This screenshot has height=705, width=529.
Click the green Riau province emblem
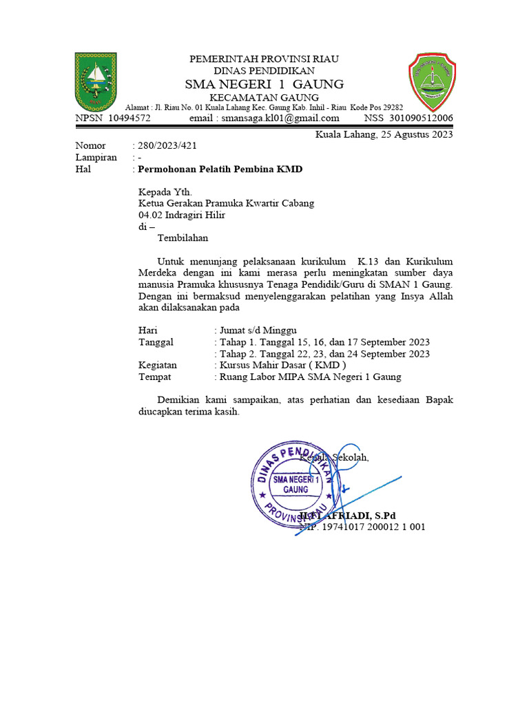tap(95, 83)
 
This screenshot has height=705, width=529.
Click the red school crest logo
tap(431, 83)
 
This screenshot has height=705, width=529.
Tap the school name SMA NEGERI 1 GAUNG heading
tap(264, 84)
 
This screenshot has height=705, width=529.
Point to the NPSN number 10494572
tap(129, 118)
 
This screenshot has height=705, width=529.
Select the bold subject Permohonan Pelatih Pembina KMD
tap(220, 169)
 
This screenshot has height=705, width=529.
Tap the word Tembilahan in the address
tap(183, 238)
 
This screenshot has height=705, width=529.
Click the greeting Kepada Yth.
tap(165, 192)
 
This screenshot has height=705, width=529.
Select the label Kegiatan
tap(158, 366)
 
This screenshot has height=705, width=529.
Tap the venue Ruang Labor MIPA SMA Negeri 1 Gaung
tap(309, 377)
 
